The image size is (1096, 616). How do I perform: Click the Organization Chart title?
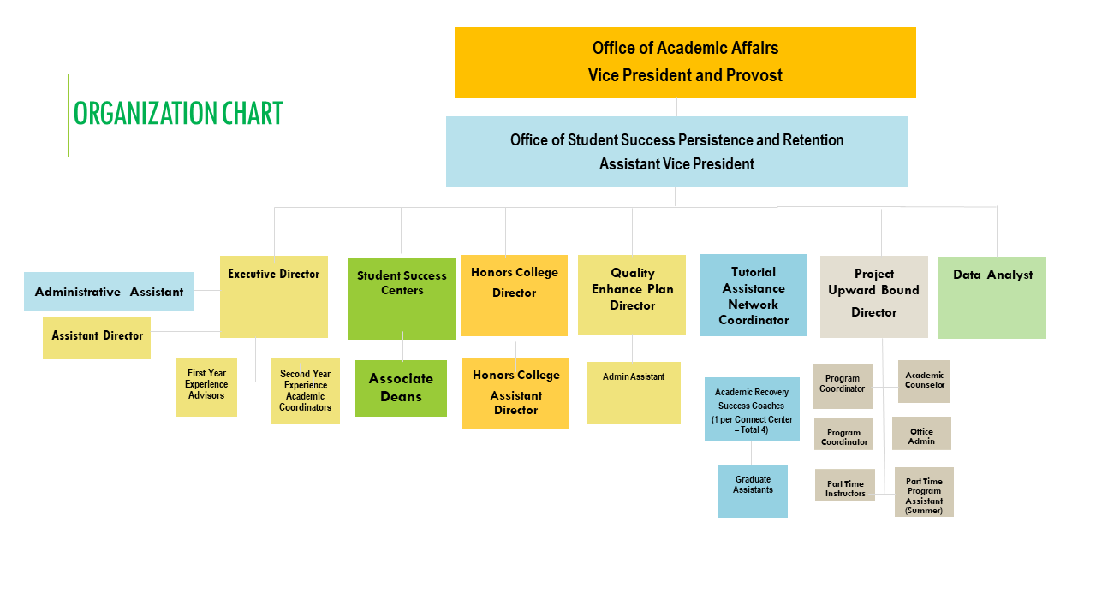178,114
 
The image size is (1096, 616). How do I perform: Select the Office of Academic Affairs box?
685,62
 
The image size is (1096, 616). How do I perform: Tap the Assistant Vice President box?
676,151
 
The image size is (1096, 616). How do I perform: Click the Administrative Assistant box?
109,292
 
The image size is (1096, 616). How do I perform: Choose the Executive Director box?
274,297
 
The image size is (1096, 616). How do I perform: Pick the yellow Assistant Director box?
97,338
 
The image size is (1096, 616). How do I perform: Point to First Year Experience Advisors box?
206,388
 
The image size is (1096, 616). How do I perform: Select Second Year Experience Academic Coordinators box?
306,391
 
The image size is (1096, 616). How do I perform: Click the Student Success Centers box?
402,299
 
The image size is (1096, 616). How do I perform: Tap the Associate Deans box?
402,388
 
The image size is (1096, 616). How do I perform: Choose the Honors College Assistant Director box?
515,393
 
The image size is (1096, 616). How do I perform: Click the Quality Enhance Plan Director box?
632,295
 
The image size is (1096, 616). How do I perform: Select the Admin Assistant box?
634,393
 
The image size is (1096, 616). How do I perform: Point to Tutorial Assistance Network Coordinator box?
753,295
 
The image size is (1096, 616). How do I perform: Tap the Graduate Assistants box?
753,491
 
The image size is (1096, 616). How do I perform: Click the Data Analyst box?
992,298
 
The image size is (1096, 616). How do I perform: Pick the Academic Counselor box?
924,382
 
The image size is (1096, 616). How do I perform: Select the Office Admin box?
922,433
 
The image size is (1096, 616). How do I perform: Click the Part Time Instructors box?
845,485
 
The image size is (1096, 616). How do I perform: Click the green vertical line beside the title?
68,115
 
